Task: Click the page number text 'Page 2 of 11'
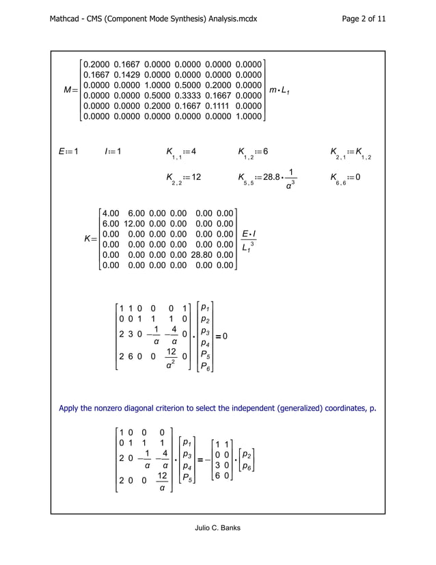(363, 19)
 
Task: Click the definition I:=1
(111, 151)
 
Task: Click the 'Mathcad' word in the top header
(67, 19)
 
